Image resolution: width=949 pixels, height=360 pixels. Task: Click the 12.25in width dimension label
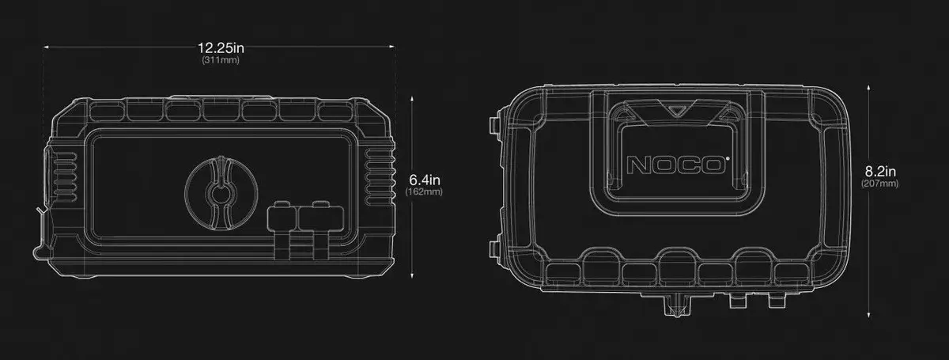(x=221, y=48)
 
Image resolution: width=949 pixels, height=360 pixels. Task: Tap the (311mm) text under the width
(x=221, y=60)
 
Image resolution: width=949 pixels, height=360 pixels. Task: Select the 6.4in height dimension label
(x=425, y=180)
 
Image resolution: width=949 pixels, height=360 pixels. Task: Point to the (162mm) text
(x=424, y=191)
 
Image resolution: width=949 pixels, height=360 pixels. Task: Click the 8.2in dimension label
(x=880, y=172)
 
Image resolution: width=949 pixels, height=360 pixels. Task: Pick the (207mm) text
(x=880, y=184)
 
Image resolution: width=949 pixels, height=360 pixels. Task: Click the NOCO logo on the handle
(x=675, y=165)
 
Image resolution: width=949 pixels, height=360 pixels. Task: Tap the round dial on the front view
(x=221, y=193)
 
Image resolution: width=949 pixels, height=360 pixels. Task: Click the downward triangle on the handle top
(x=677, y=108)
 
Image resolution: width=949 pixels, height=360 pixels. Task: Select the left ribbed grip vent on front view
(x=64, y=176)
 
